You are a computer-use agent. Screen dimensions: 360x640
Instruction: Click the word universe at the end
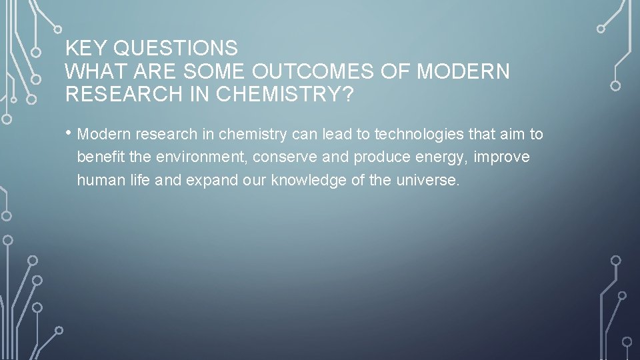pos(433,180)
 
